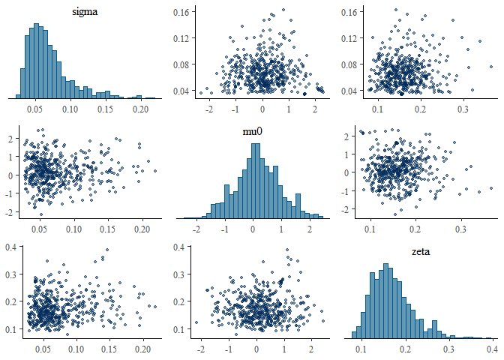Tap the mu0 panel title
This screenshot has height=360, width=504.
click(x=256, y=128)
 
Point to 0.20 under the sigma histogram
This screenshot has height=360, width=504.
click(x=140, y=108)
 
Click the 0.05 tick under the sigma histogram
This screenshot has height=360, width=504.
click(x=36, y=108)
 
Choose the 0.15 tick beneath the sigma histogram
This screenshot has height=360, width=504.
click(x=106, y=108)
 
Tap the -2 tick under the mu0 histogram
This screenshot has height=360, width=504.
click(x=196, y=226)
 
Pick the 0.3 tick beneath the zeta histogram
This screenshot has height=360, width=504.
click(x=448, y=349)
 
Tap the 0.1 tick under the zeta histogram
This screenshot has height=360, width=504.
click(x=362, y=349)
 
